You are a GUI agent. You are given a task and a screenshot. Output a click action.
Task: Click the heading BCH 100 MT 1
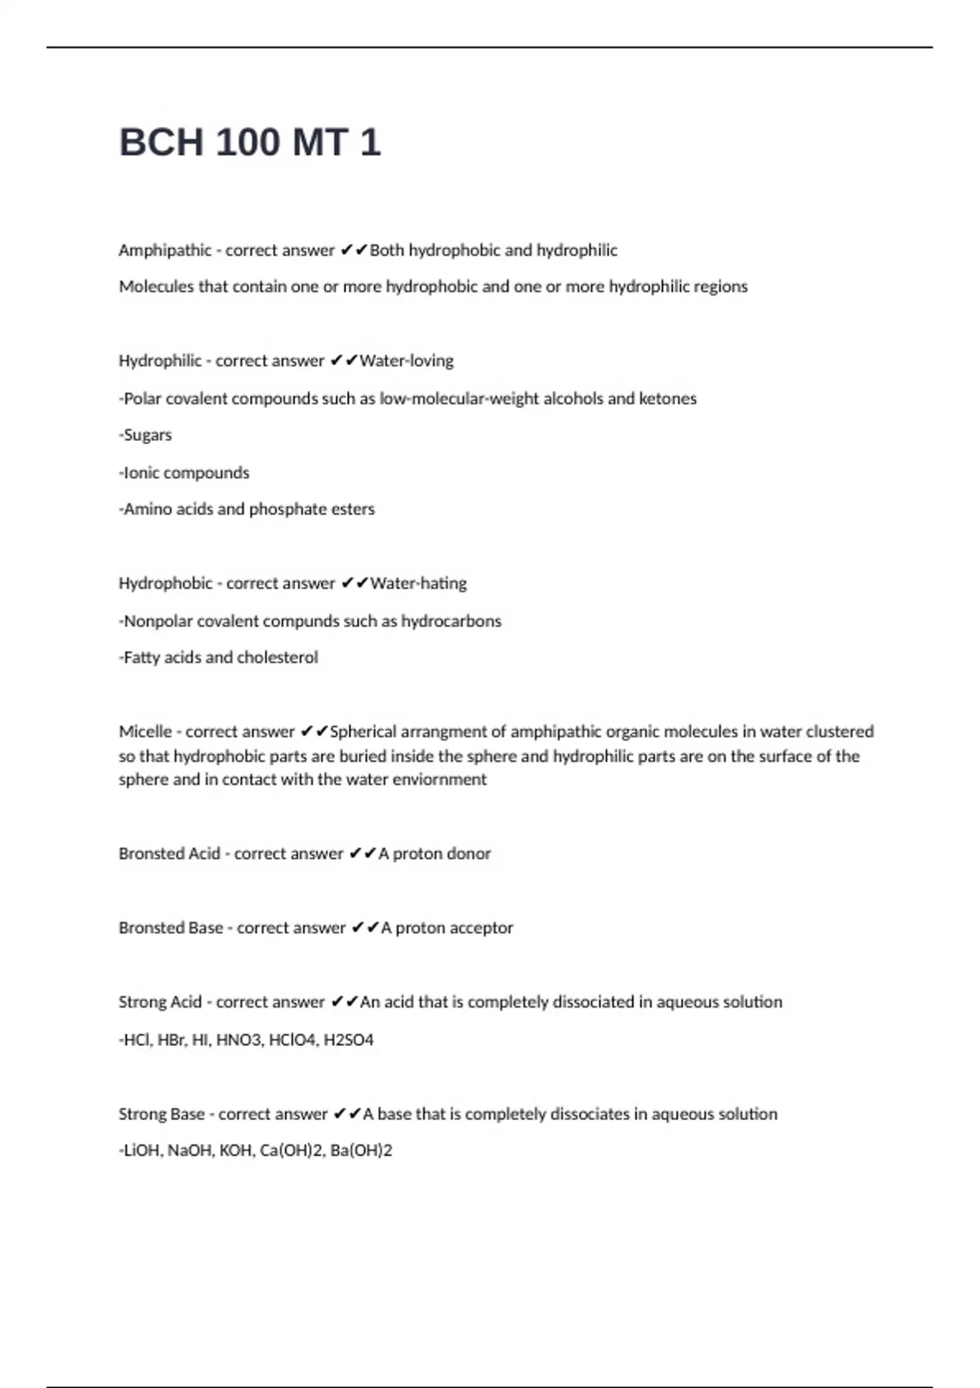250,142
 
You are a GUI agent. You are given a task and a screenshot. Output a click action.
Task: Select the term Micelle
145,732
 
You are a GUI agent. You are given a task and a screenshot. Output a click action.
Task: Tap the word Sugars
148,435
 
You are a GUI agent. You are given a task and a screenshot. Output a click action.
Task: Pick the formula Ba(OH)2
361,1150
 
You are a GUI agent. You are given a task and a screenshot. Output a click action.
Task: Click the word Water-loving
407,361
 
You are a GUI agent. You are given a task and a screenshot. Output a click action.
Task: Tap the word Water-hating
418,583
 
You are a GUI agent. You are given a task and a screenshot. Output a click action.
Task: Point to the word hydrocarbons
451,621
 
